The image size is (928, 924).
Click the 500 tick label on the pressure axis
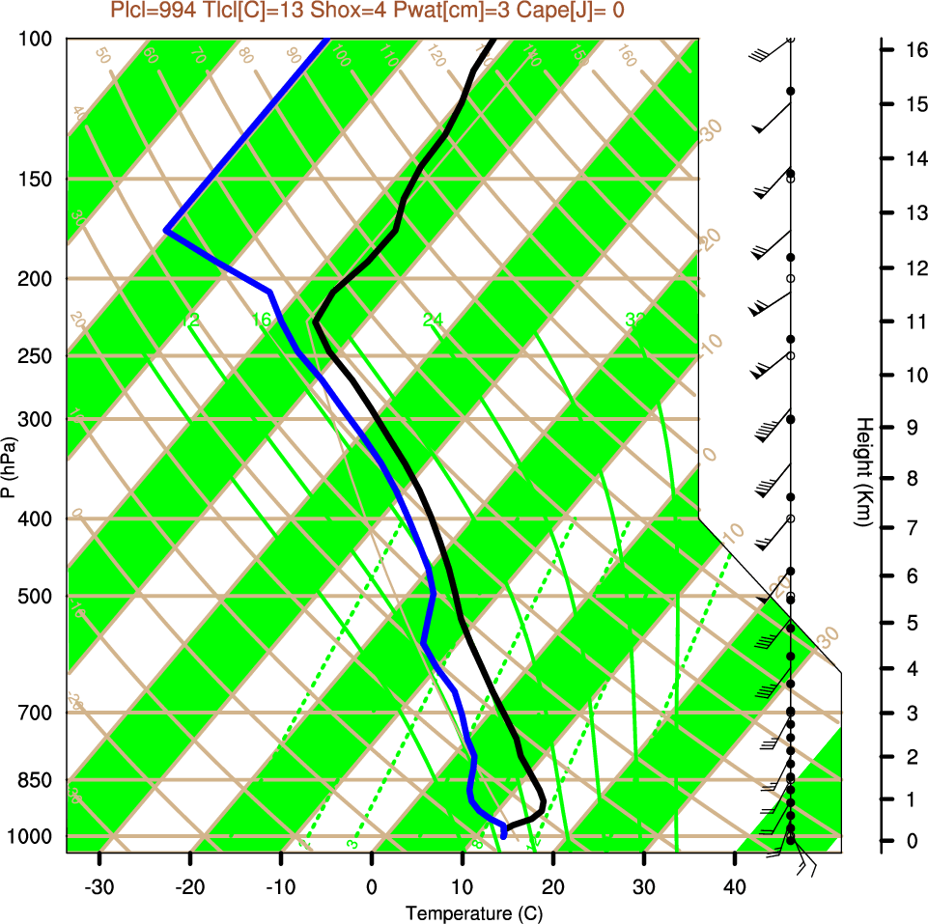36,596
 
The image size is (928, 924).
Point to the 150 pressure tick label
36,179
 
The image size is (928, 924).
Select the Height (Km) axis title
864,472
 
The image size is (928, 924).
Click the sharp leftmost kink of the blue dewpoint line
167,231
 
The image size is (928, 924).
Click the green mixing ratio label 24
433,320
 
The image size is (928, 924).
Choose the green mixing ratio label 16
262,320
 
